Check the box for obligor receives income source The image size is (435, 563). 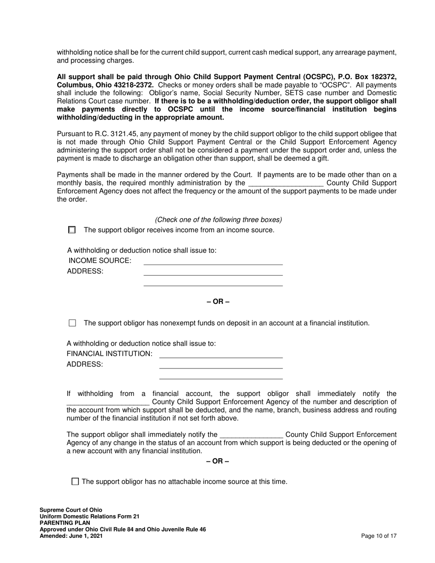tap(71, 230)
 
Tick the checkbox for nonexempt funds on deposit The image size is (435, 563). tap(72, 323)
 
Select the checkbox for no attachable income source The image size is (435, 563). tap(76, 482)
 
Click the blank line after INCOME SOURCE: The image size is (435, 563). tap(213, 261)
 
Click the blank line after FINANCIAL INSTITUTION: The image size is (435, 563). tap(221, 354)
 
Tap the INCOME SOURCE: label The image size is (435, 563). tap(100, 261)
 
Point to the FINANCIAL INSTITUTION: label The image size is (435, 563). tap(109, 354)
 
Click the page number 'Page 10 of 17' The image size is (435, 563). tap(379, 536)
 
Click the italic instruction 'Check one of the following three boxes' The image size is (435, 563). tap(218, 220)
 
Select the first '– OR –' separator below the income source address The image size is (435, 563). tap(218, 302)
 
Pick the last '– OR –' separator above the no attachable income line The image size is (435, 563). tap(218, 461)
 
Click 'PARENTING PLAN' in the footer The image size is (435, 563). tap(65, 523)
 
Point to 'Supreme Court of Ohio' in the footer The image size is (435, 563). tap(71, 510)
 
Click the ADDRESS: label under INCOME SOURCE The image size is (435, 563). tap(85, 271)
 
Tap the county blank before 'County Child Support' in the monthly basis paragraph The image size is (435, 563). tap(286, 183)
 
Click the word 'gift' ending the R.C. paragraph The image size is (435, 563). tap(321, 159)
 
